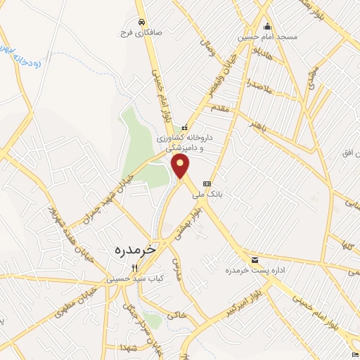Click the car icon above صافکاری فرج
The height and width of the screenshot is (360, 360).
pyautogui.click(x=143, y=21)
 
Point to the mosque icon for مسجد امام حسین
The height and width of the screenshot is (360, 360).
pyautogui.click(x=266, y=27)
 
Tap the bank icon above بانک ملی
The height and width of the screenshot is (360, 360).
pyautogui.click(x=206, y=184)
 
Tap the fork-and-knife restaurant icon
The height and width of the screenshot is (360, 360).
pyautogui.click(x=134, y=266)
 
